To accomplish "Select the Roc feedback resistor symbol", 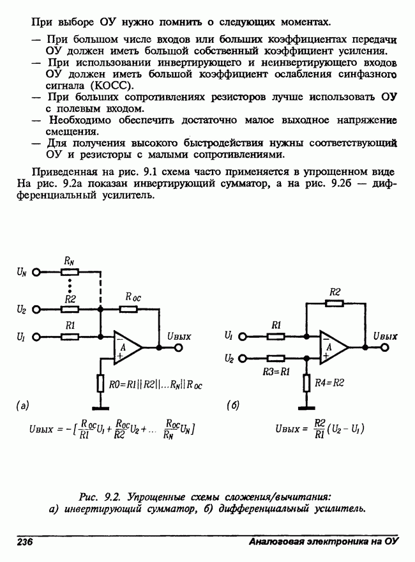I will coord(128,309).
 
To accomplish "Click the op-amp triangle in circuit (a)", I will coord(126,347).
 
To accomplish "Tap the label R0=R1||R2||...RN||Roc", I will coord(156,386).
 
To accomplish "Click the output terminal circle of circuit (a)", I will coord(179,348).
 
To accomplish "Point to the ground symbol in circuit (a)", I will coord(100,407).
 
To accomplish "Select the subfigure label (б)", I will coord(233,405).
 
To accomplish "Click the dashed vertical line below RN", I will coord(100,291).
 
